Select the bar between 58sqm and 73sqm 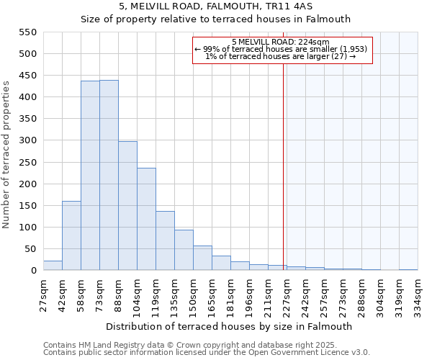[x=90, y=176]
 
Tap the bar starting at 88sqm [x=127, y=206]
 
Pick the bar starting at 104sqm [x=146, y=219]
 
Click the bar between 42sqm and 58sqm [x=71, y=235]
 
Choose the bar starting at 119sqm [x=165, y=240]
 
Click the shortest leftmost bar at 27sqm [x=53, y=266]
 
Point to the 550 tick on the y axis [x=27, y=32]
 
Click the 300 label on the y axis [x=27, y=141]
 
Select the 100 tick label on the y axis [x=27, y=228]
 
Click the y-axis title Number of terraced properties [x=6, y=155]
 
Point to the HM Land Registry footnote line [x=190, y=346]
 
